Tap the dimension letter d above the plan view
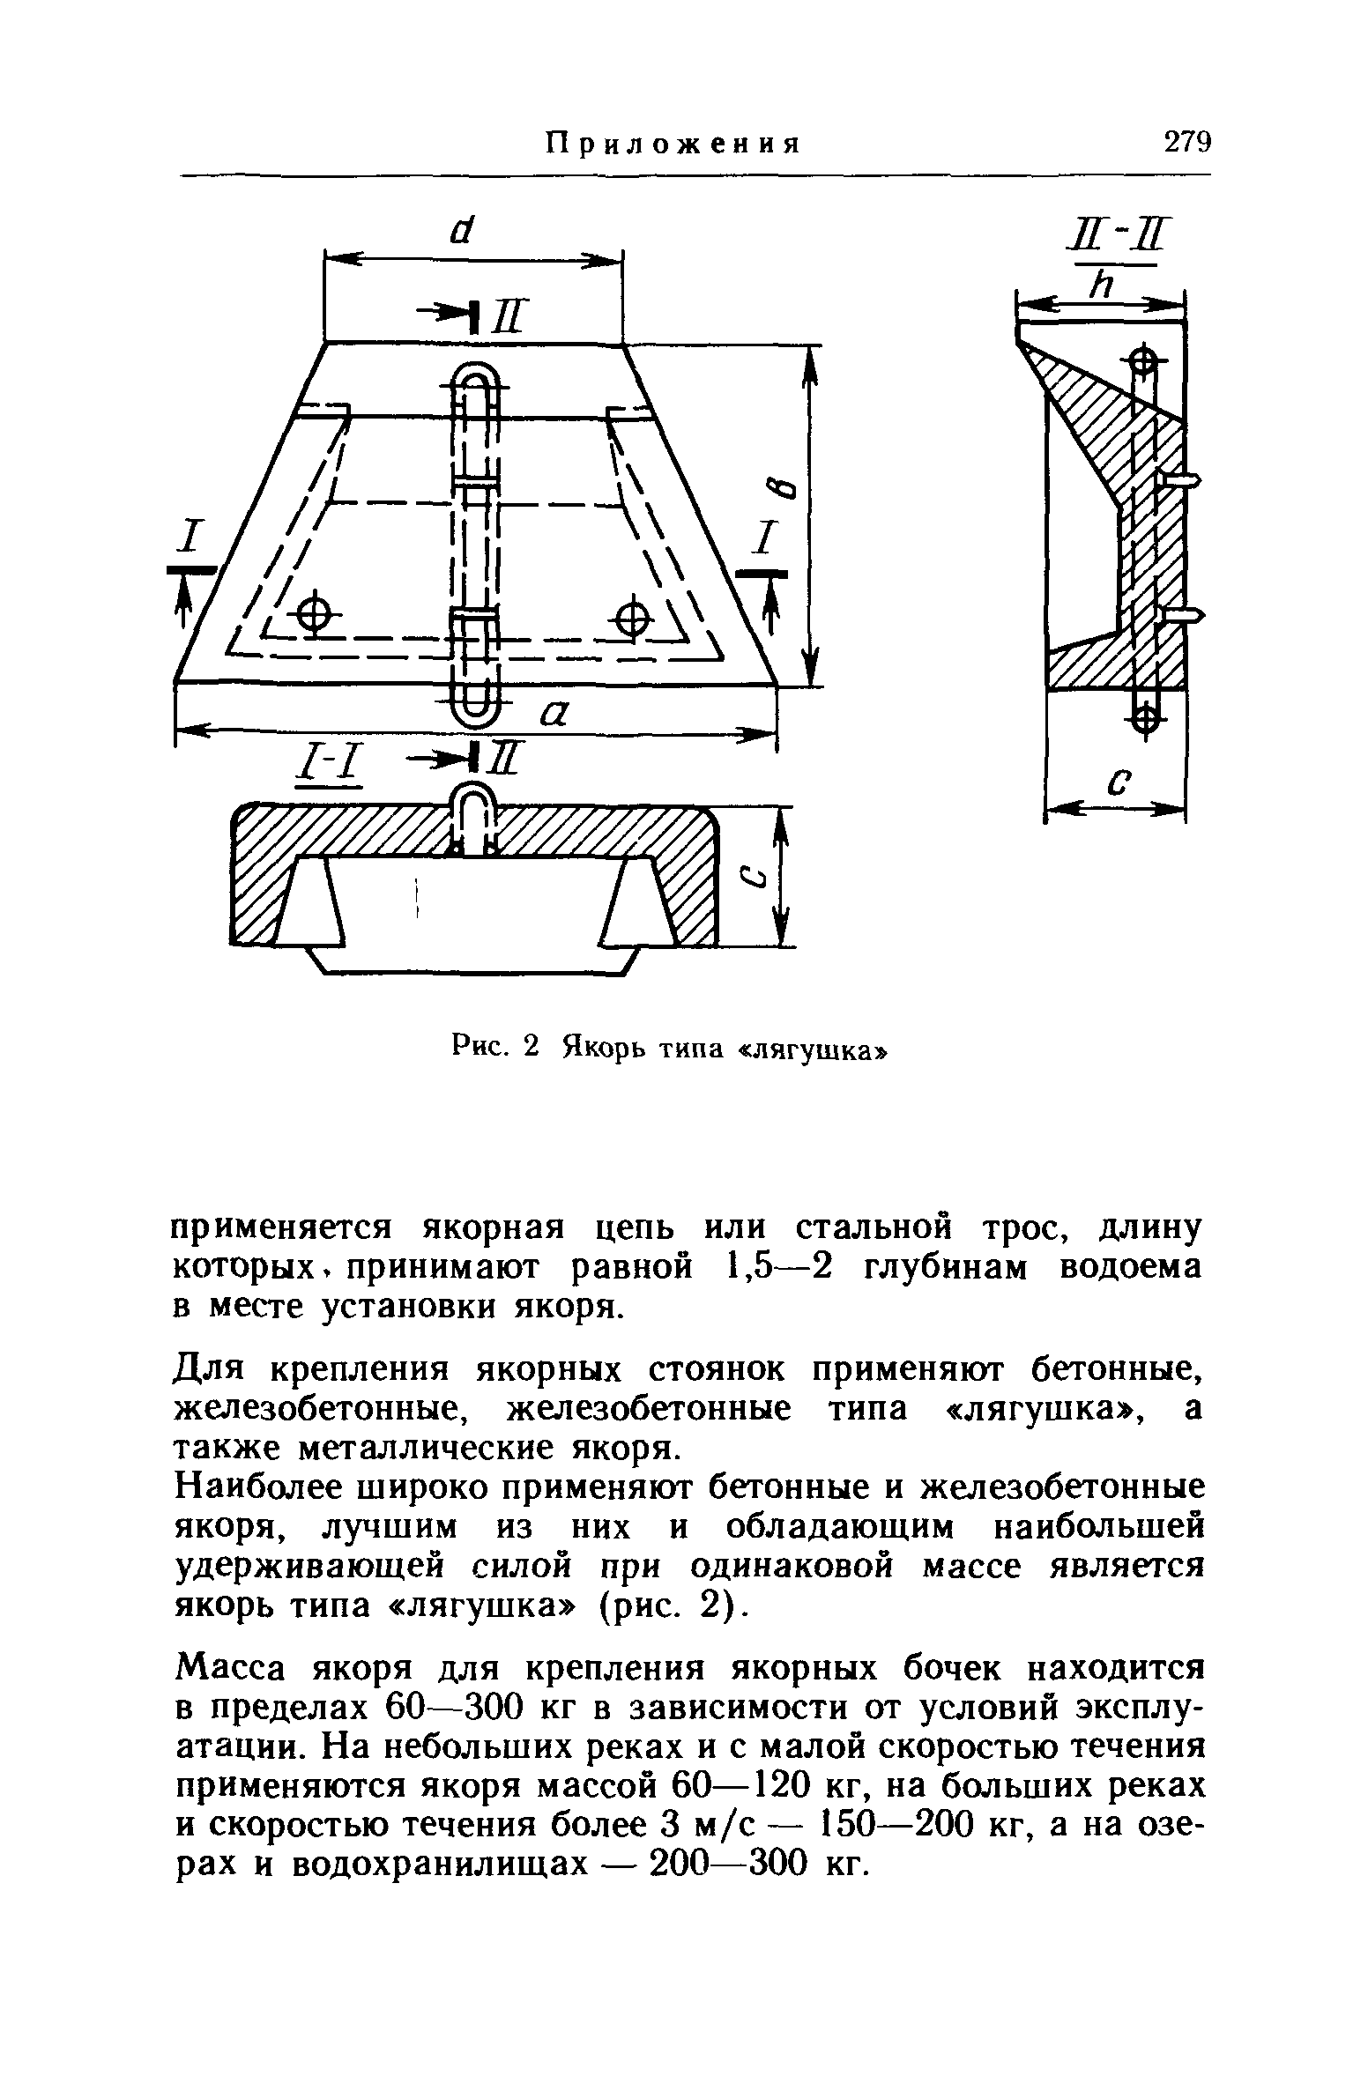(458, 231)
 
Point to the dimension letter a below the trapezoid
(552, 715)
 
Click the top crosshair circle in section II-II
(1141, 360)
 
